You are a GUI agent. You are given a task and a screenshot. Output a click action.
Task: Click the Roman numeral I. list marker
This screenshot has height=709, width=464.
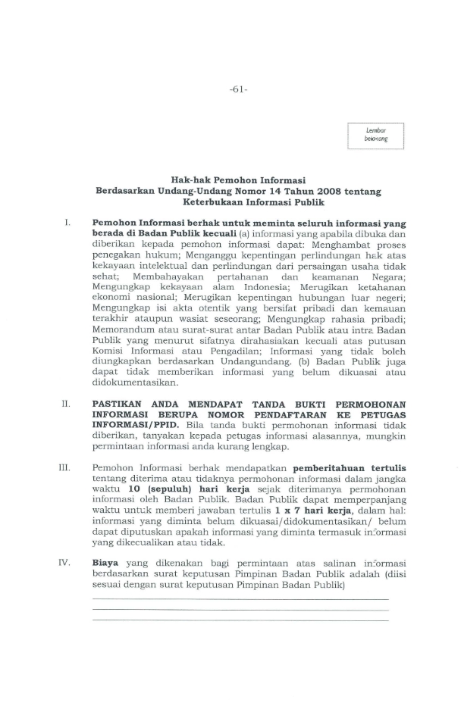tap(67, 224)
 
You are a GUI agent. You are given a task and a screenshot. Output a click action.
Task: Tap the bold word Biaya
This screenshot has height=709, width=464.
tap(105, 563)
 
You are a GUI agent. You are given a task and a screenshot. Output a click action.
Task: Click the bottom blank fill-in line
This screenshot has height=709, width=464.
tap(240, 620)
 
